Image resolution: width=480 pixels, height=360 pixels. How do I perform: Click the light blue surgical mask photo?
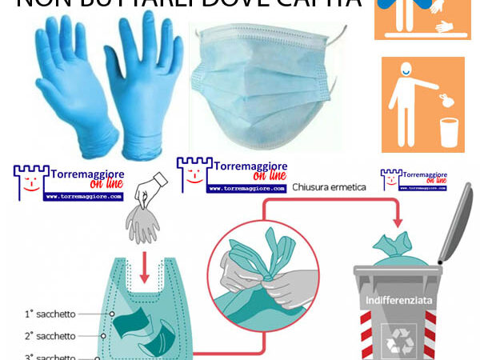click(264, 88)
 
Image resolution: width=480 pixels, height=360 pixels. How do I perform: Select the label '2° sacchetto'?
click(50, 336)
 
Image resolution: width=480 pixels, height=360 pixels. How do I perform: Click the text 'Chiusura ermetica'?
click(330, 186)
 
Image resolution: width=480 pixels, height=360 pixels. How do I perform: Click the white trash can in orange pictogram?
click(448, 132)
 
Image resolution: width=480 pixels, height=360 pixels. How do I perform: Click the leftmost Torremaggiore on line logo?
click(69, 183)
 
